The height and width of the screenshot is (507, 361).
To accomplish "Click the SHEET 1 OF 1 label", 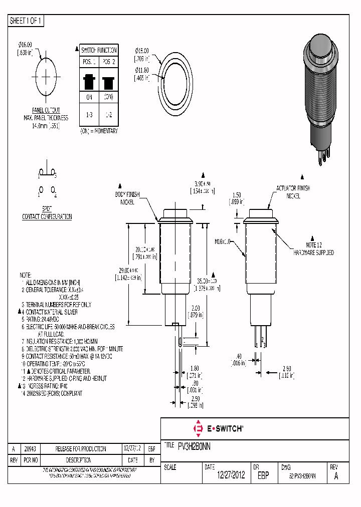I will (26, 21).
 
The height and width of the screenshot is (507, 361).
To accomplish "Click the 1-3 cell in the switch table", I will (89, 115).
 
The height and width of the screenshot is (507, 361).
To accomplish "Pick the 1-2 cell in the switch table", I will (108, 115).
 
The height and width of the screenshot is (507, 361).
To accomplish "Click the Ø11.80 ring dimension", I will (143, 75).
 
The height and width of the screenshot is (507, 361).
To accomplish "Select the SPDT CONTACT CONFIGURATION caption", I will (47, 213).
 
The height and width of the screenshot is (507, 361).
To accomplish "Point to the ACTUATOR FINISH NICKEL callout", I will (293, 192).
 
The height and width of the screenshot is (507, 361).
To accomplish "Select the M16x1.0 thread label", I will (223, 241).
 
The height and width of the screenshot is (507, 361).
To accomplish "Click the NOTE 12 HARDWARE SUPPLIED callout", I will (314, 249).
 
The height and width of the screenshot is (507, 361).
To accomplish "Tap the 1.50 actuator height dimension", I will (238, 198).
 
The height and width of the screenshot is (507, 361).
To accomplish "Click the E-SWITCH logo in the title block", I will (218, 428).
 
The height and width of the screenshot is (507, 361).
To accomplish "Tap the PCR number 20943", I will (30, 449).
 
